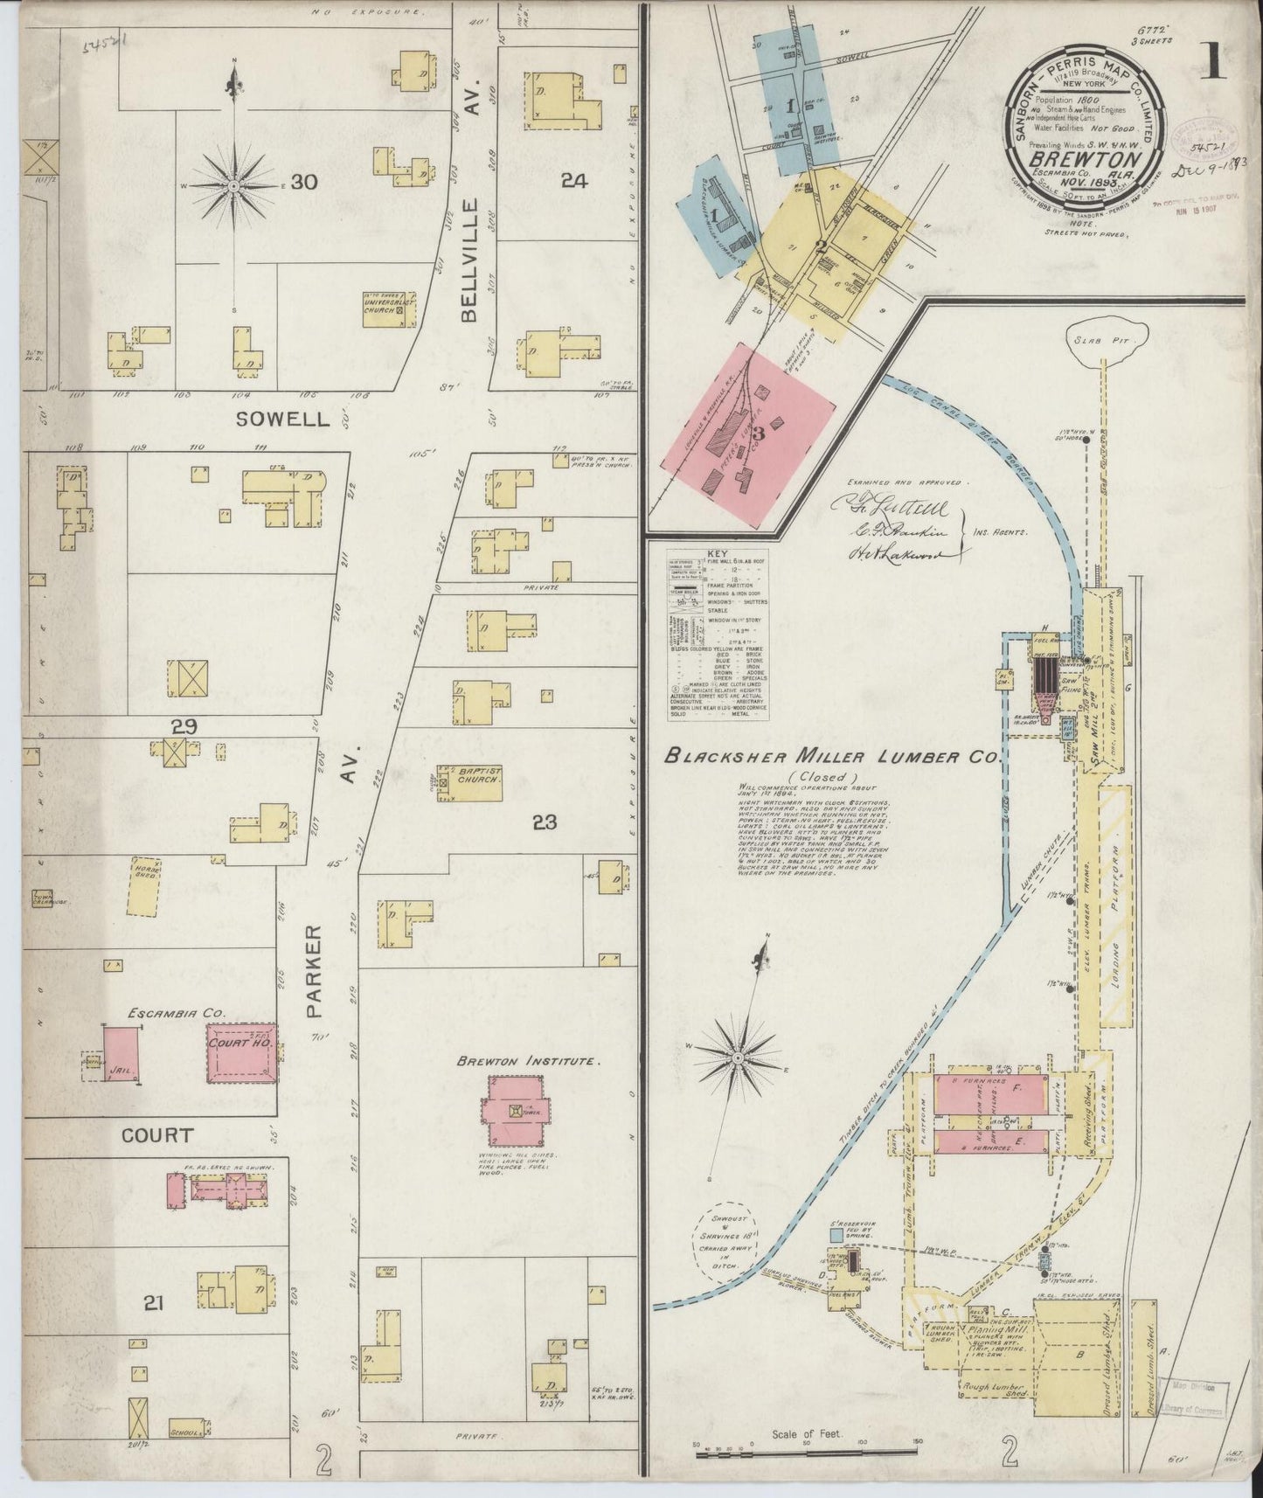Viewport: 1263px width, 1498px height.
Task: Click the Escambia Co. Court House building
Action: click(241, 1053)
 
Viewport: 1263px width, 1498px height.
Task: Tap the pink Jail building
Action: click(122, 1055)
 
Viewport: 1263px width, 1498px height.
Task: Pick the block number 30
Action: click(303, 182)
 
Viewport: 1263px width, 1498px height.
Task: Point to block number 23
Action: click(545, 822)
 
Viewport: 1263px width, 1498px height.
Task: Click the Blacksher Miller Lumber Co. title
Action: click(830, 757)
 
